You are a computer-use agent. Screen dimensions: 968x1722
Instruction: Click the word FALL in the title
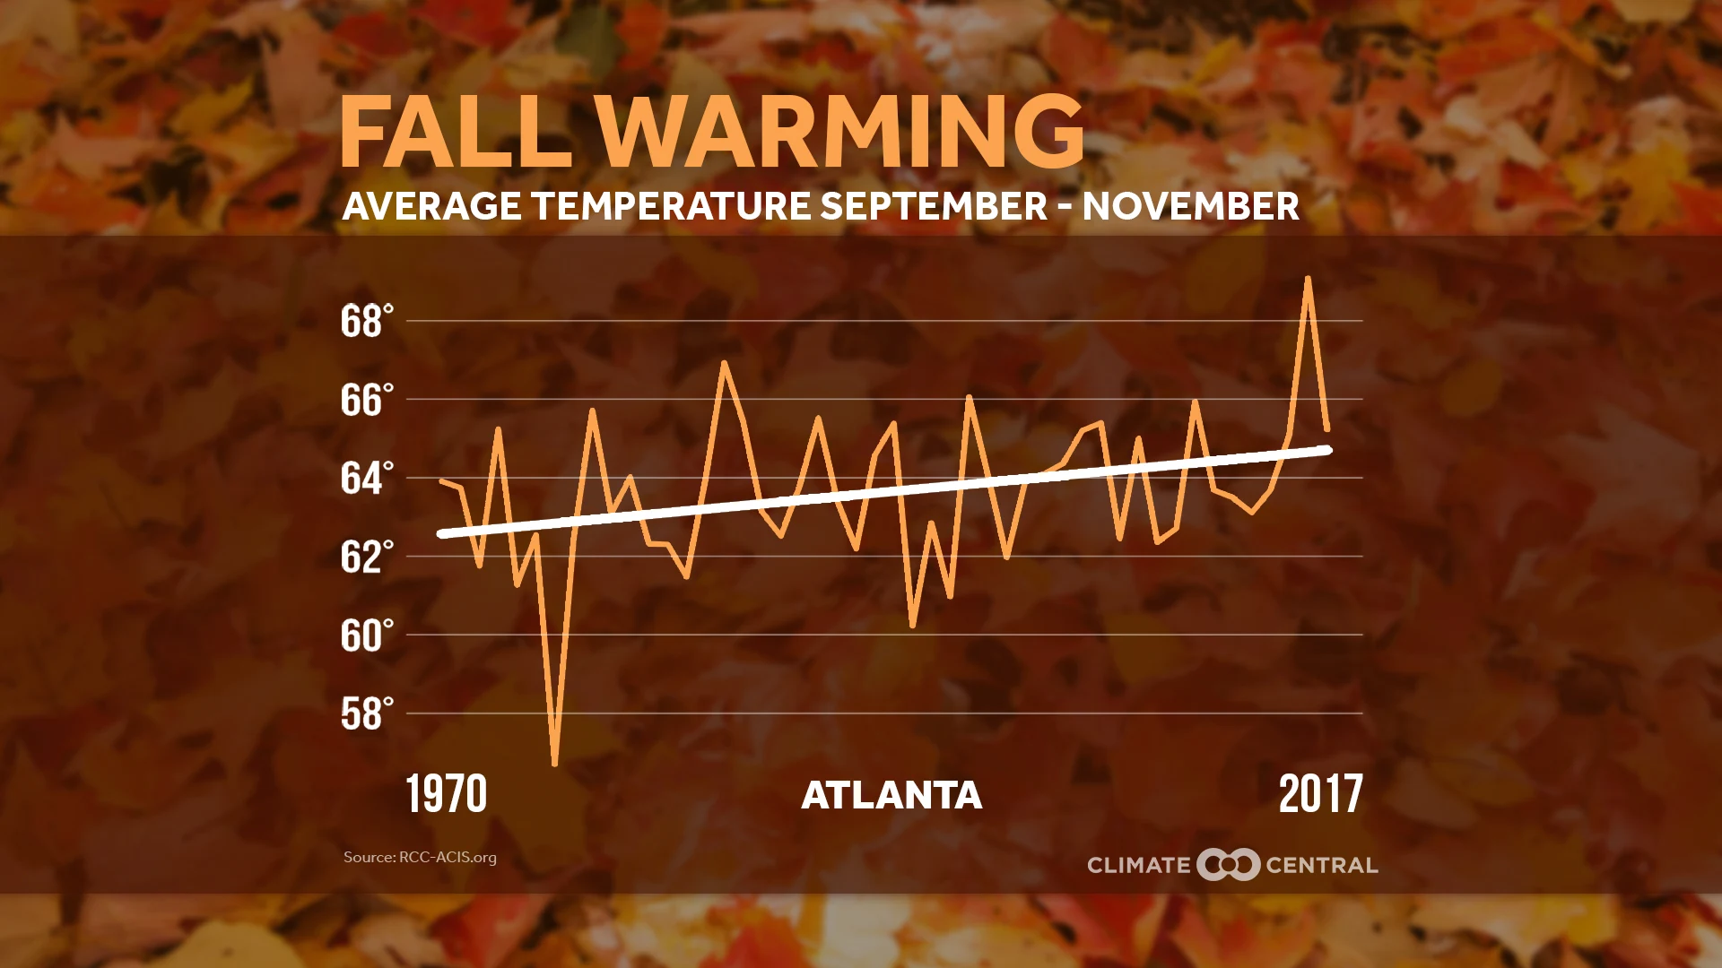point(456,132)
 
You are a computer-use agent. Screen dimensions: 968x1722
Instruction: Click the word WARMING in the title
point(839,132)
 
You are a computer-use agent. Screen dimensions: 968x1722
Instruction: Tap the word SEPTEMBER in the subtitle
point(933,206)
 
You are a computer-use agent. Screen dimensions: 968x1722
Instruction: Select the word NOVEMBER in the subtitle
point(1190,206)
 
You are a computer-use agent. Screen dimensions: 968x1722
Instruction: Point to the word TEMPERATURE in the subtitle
point(672,206)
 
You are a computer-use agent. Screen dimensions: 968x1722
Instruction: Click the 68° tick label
point(367,321)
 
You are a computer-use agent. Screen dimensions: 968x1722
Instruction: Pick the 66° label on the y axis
point(367,400)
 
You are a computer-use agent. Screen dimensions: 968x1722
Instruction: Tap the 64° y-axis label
point(367,478)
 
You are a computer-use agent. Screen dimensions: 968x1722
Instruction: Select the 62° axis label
point(367,557)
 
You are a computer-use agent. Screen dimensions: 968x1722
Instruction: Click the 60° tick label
point(367,635)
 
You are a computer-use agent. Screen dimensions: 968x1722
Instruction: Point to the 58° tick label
point(367,714)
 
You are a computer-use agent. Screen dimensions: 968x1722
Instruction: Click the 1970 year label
point(446,794)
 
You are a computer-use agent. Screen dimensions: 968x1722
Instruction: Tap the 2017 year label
point(1320,794)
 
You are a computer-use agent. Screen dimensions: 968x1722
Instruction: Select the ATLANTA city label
point(891,795)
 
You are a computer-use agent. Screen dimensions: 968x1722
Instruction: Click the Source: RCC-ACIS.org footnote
point(420,857)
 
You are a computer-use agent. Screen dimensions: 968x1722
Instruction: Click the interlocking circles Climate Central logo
point(1228,864)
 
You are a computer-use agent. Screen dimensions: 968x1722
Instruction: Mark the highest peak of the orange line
point(1309,279)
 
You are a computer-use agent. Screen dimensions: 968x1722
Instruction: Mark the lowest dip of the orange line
point(555,764)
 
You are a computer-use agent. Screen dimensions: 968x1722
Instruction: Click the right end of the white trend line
point(1327,449)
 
